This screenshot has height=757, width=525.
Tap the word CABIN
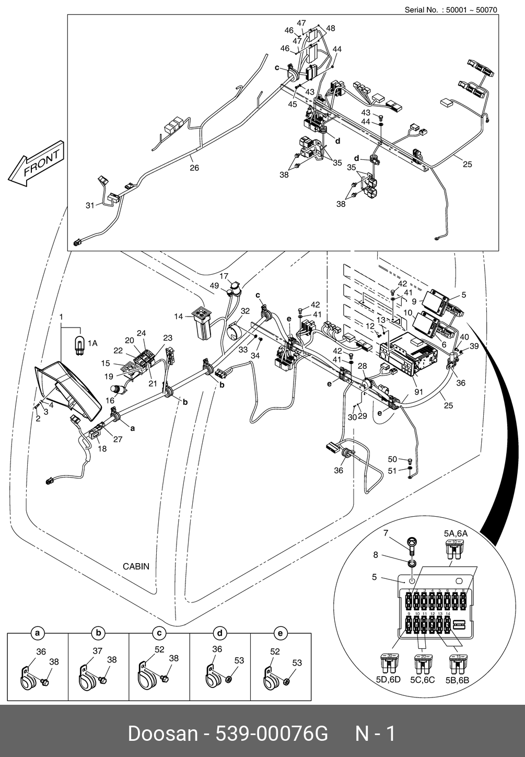tap(136, 566)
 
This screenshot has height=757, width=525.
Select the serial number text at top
tap(451, 9)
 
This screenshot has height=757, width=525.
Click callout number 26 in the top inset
tap(194, 168)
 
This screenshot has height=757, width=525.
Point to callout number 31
tap(90, 206)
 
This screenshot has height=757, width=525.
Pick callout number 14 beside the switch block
tap(179, 317)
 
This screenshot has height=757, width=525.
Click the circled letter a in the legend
tap(37, 634)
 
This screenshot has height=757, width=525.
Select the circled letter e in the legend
tap(281, 634)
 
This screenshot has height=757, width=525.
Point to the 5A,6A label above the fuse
tap(456, 533)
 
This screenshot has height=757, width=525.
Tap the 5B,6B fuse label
tap(458, 680)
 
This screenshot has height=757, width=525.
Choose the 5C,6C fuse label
tap(423, 680)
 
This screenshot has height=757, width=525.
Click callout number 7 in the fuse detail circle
tap(386, 533)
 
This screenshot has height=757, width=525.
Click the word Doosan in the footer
tap(162, 733)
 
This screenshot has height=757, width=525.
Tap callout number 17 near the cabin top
tap(224, 276)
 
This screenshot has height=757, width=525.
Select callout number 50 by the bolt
tap(392, 459)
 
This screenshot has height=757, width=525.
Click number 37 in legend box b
tap(98, 651)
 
